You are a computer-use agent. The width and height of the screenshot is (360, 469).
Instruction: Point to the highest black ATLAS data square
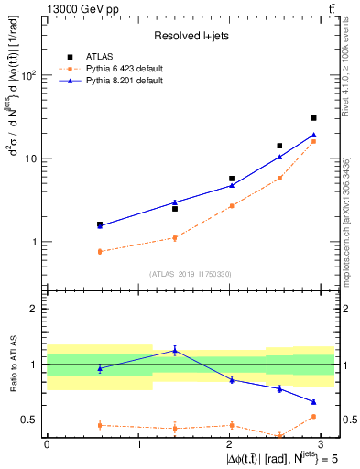click(313, 118)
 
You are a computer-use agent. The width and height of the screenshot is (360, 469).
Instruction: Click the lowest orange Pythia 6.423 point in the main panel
click(99, 251)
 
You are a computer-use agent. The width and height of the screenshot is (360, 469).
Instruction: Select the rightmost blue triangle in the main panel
click(313, 135)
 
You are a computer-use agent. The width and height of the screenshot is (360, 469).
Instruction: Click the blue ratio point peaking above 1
click(175, 350)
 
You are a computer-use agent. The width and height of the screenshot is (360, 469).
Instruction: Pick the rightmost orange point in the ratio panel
click(313, 417)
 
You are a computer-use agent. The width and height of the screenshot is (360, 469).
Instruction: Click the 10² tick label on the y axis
click(28, 75)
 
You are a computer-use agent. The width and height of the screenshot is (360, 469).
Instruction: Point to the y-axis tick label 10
click(31, 158)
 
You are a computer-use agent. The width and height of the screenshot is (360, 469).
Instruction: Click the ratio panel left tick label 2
click(36, 309)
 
